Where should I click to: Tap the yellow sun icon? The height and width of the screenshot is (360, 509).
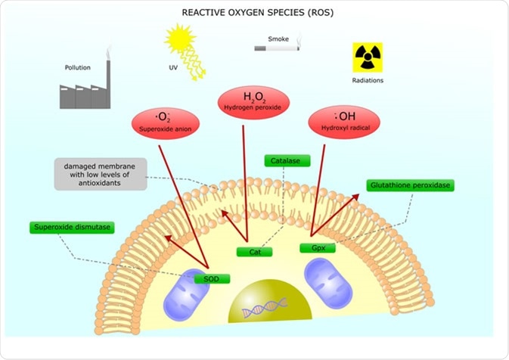(x=181, y=39)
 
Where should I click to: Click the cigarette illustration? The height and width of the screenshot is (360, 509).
(x=276, y=49)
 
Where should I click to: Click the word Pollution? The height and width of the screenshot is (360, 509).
(x=78, y=67)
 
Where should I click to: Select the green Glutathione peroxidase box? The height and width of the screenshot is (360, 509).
(x=410, y=185)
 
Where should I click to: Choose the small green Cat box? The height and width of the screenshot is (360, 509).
(x=254, y=252)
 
